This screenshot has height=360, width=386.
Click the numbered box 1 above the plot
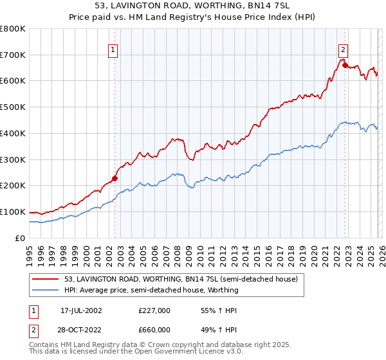click(113, 49)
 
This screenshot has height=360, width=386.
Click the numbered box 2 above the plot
click(344, 49)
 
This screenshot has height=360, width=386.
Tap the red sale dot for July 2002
click(115, 179)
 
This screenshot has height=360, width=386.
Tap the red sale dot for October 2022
click(345, 65)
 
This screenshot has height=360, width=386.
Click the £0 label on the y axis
click(19, 238)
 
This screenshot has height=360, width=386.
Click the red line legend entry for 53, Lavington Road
click(181, 280)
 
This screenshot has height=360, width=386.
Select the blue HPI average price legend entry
click(151, 290)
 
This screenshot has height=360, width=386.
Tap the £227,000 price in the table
click(154, 310)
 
